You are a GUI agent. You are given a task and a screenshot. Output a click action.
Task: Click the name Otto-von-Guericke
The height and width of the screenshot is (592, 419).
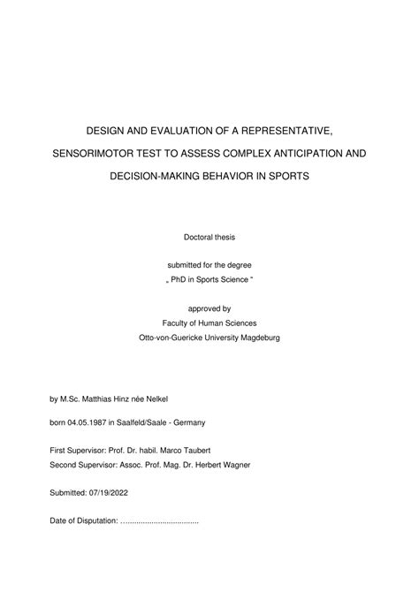tap(175, 338)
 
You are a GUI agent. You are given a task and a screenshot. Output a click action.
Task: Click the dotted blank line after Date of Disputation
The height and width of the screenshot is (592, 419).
tap(159, 521)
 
